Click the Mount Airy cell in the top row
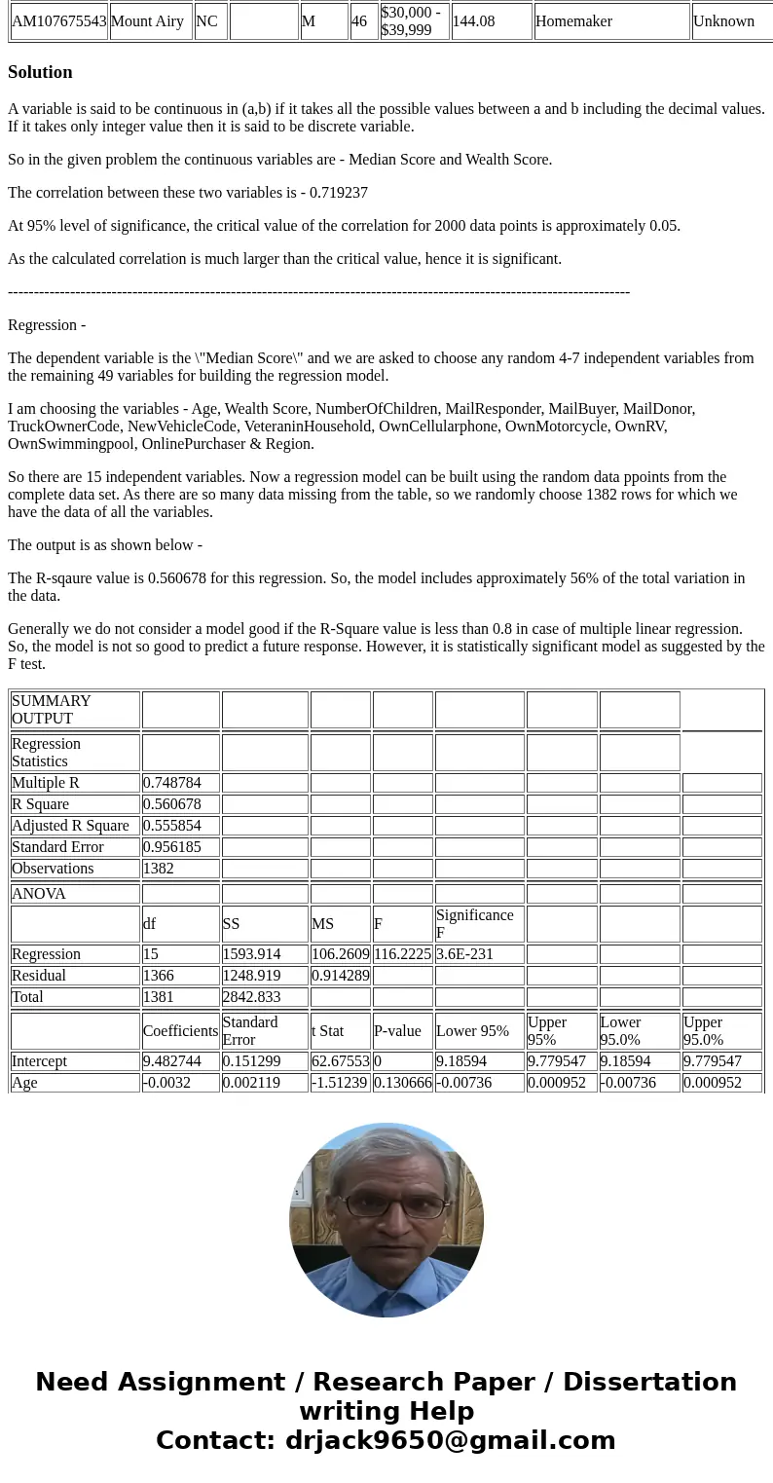pyautogui.click(x=150, y=21)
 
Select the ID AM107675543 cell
pyautogui.click(x=58, y=21)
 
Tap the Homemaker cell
pyautogui.click(x=611, y=21)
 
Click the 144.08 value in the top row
pyautogui.click(x=491, y=21)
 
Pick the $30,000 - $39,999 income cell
pyautogui.click(x=414, y=21)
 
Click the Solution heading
pyautogui.click(x=40, y=72)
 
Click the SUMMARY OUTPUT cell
pyautogui.click(x=75, y=710)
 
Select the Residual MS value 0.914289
pyautogui.click(x=340, y=976)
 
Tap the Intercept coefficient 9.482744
pyautogui.click(x=179, y=1061)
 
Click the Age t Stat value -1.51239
pyautogui.click(x=340, y=1083)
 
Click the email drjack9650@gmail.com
pyautogui.click(x=450, y=1441)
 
